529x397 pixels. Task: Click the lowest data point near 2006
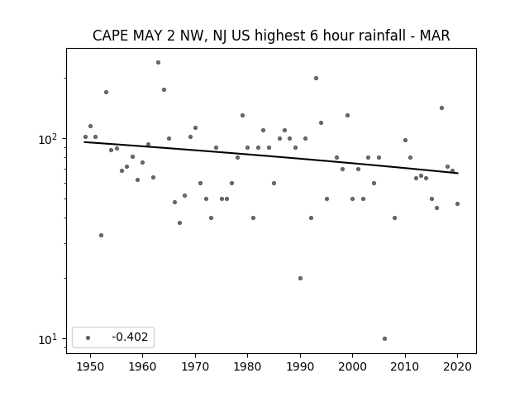click(384, 338)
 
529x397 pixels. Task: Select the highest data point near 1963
click(158, 63)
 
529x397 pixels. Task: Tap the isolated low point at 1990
click(300, 278)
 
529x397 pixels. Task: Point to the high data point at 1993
click(316, 78)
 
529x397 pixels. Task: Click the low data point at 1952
click(101, 235)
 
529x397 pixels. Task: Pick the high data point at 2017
click(441, 108)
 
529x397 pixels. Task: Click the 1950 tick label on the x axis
click(90, 366)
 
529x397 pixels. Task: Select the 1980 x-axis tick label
click(247, 366)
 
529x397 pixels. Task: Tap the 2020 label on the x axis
click(457, 366)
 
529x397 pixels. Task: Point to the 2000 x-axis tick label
click(353, 366)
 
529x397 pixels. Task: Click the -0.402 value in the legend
click(130, 337)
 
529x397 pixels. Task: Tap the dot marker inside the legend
click(88, 337)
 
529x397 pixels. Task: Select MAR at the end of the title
click(435, 36)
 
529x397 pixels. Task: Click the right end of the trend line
click(458, 173)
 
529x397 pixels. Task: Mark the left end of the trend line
click(84, 142)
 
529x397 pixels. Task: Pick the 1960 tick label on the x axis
click(142, 366)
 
